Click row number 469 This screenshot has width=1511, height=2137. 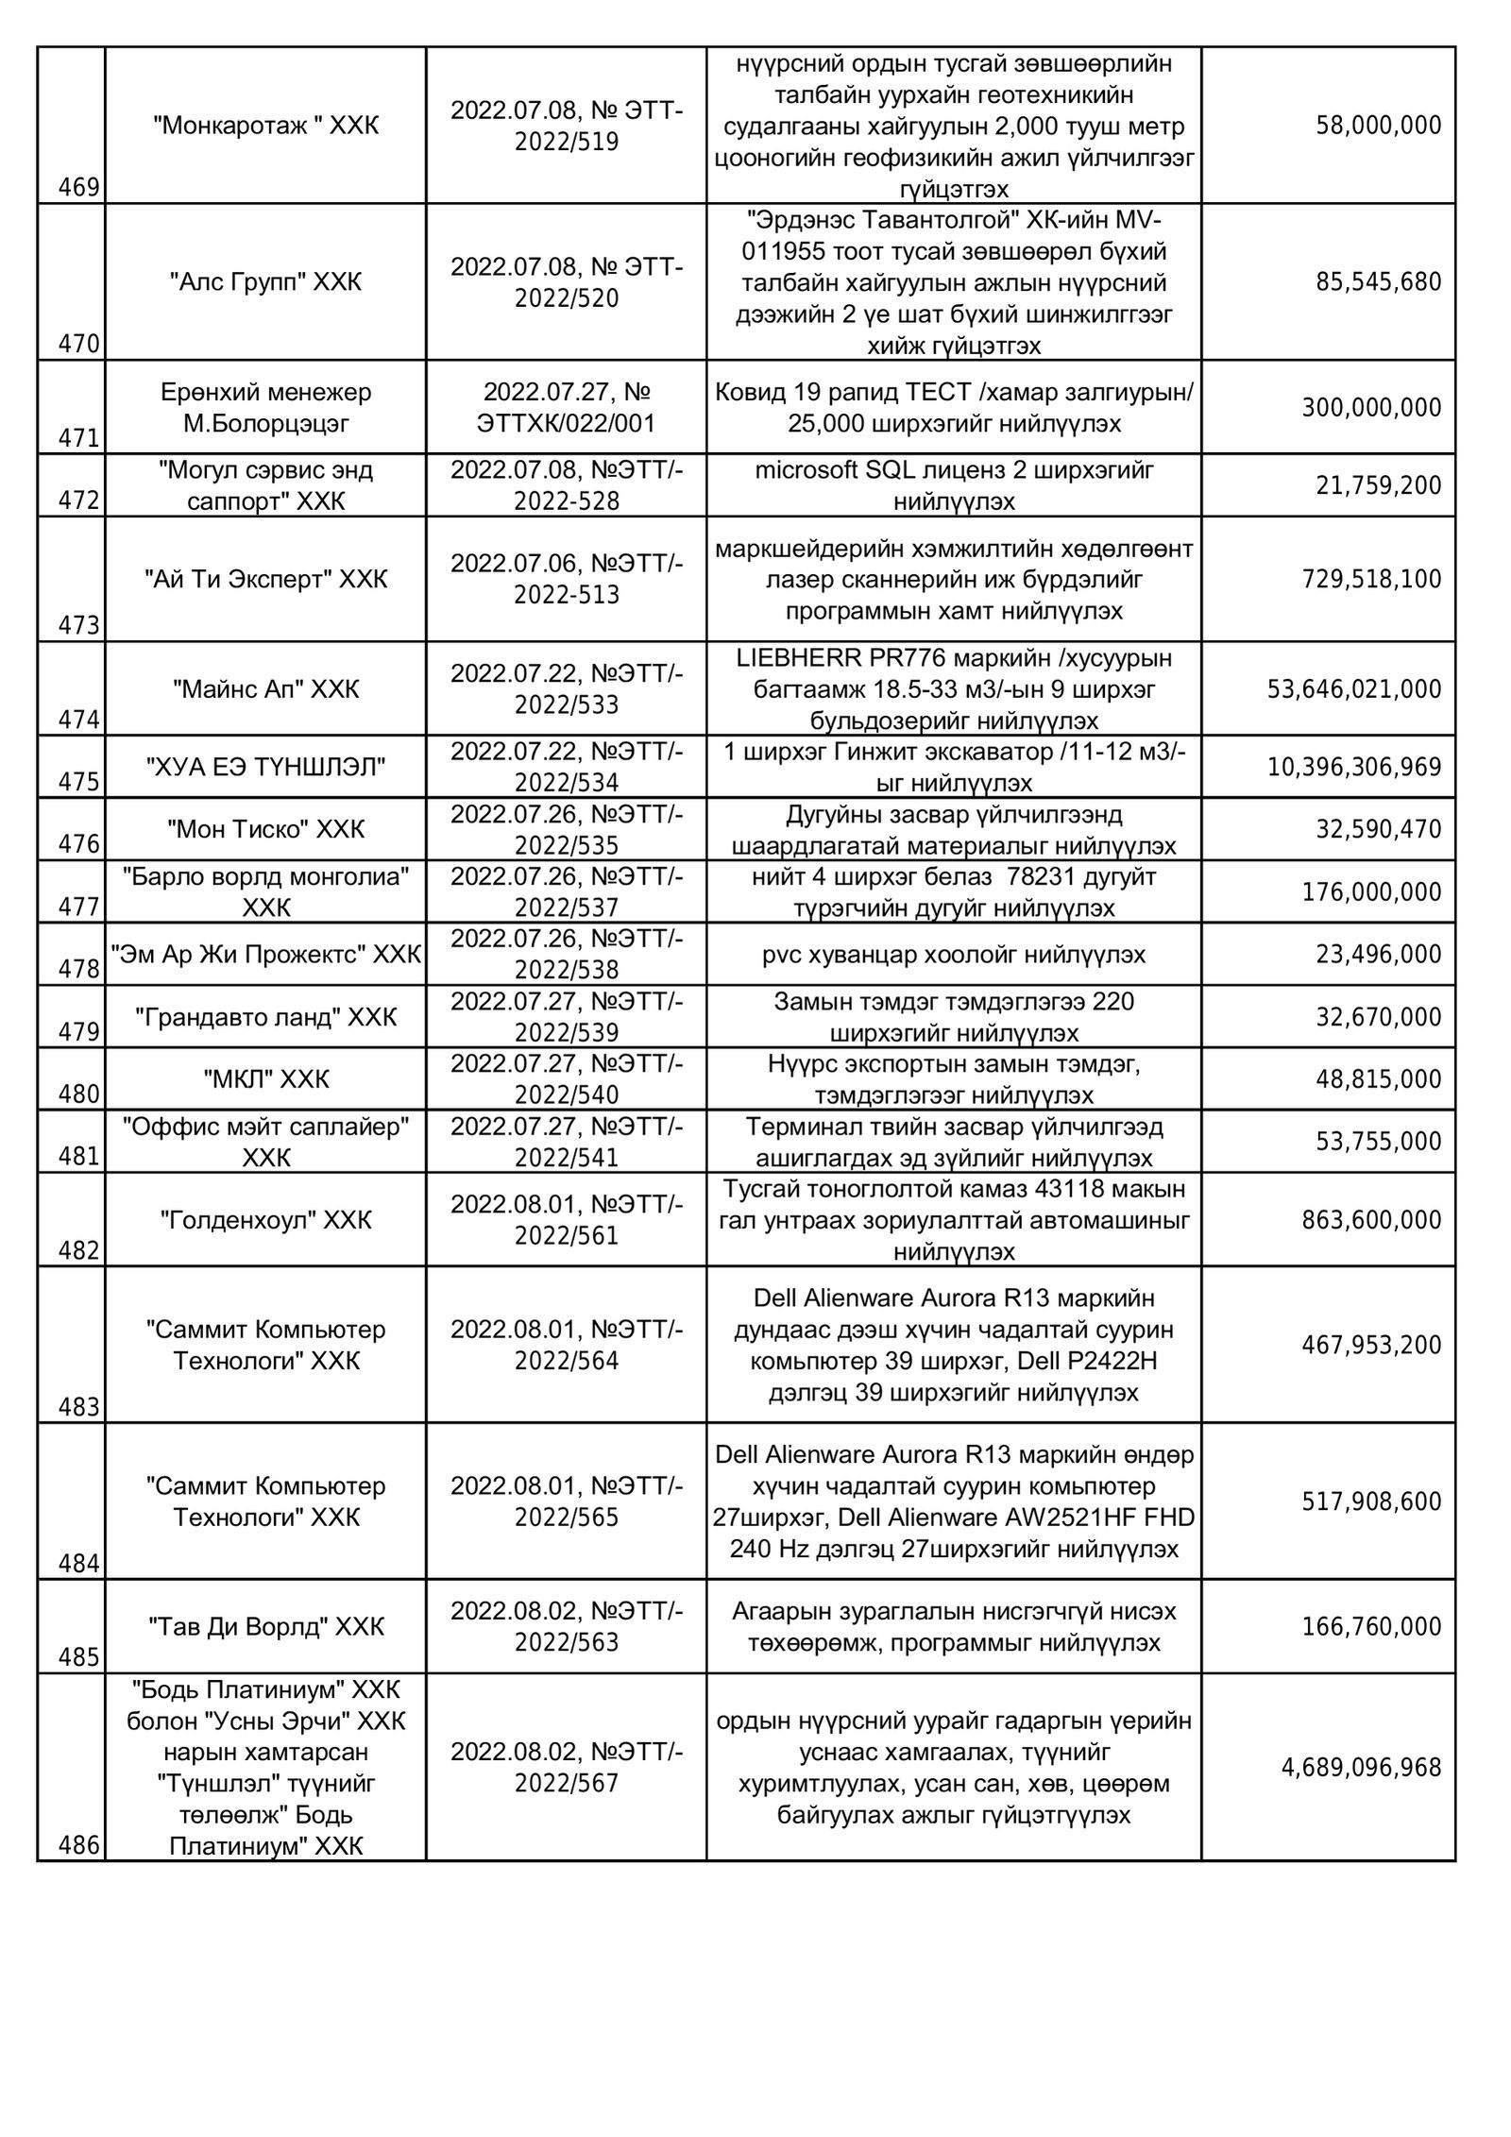(x=79, y=188)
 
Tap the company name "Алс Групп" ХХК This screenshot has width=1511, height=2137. (x=265, y=282)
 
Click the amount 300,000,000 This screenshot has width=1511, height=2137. (x=1371, y=408)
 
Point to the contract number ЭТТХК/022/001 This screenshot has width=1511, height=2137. (x=567, y=423)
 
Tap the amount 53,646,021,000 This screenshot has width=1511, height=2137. (x=1354, y=689)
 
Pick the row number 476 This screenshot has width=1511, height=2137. (x=79, y=844)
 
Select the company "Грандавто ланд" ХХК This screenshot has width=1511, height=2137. (x=265, y=1017)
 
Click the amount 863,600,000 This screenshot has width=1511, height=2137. (x=1371, y=1220)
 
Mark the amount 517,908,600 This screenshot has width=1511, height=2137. (x=1371, y=1501)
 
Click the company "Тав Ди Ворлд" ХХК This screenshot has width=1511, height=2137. (x=265, y=1627)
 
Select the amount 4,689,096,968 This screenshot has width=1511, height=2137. (x=1361, y=1768)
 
